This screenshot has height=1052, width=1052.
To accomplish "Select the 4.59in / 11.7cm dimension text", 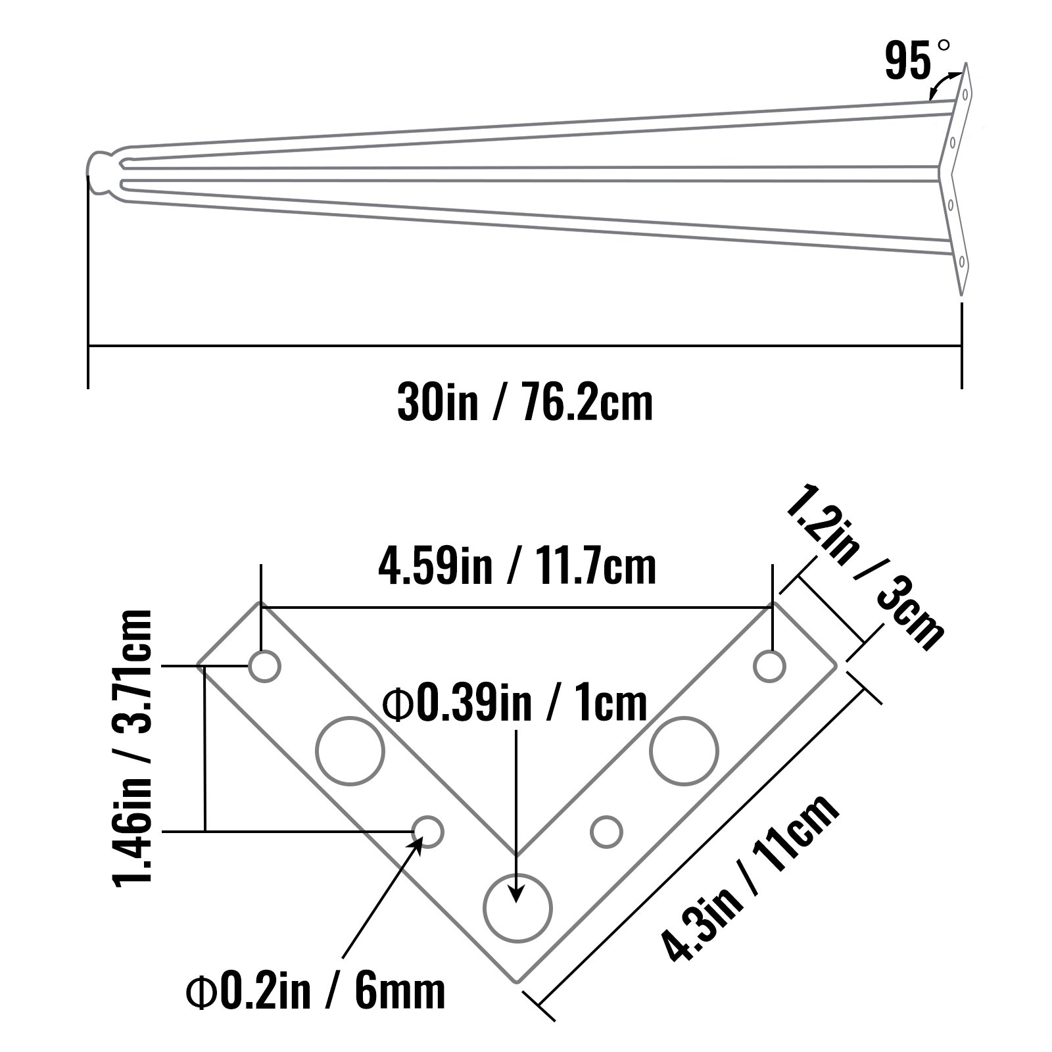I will pos(517,567).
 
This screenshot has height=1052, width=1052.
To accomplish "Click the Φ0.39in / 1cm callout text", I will pos(516,704).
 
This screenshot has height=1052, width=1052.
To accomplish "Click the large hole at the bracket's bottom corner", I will pos(517,908).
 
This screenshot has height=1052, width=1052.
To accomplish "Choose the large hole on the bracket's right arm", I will pos(684,751).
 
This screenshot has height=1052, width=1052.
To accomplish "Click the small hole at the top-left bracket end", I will pos(264,667).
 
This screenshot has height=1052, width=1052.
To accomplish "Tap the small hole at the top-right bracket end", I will pos(770,667).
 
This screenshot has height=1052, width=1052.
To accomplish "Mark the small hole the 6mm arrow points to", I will pos(428,832).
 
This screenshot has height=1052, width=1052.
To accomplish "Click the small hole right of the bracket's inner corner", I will pos(606,832).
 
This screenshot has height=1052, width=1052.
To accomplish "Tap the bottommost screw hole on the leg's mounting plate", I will pos(961,262).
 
